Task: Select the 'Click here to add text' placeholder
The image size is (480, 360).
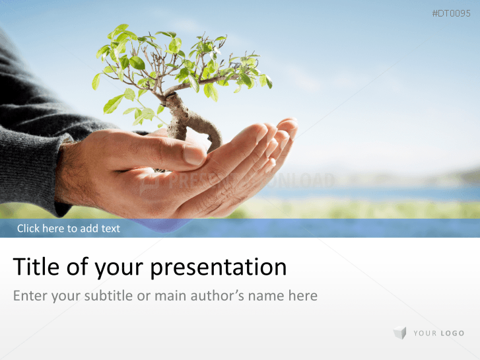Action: tap(69, 229)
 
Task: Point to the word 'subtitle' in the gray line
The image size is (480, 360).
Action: tap(108, 295)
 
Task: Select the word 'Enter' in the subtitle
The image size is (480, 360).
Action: tap(30, 295)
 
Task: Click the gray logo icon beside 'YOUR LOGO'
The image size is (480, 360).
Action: tap(399, 333)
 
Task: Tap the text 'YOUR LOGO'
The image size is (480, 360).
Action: tap(438, 334)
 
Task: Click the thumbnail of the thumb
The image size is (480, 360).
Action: tap(193, 155)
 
